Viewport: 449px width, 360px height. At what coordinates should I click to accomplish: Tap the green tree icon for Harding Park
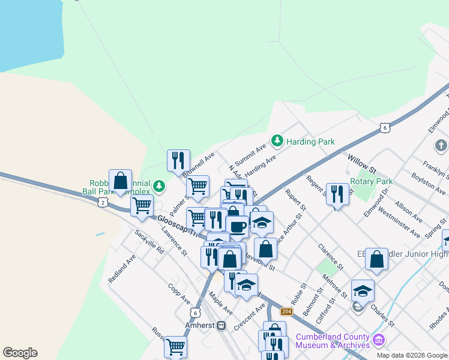(277, 141)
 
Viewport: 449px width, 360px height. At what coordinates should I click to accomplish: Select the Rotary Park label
(371, 181)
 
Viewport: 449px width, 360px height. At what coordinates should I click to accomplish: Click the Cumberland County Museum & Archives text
(340, 340)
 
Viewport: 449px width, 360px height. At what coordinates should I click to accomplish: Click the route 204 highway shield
(286, 311)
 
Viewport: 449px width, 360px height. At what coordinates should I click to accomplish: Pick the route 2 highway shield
(103, 203)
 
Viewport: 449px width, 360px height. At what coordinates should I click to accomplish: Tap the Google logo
(20, 353)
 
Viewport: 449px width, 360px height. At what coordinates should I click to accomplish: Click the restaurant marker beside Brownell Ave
(178, 160)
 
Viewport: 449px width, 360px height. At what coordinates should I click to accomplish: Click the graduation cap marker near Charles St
(363, 291)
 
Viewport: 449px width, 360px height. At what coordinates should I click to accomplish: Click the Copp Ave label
(179, 293)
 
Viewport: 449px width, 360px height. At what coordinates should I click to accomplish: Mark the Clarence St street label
(331, 256)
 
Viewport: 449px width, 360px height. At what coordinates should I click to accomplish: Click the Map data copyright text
(412, 355)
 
